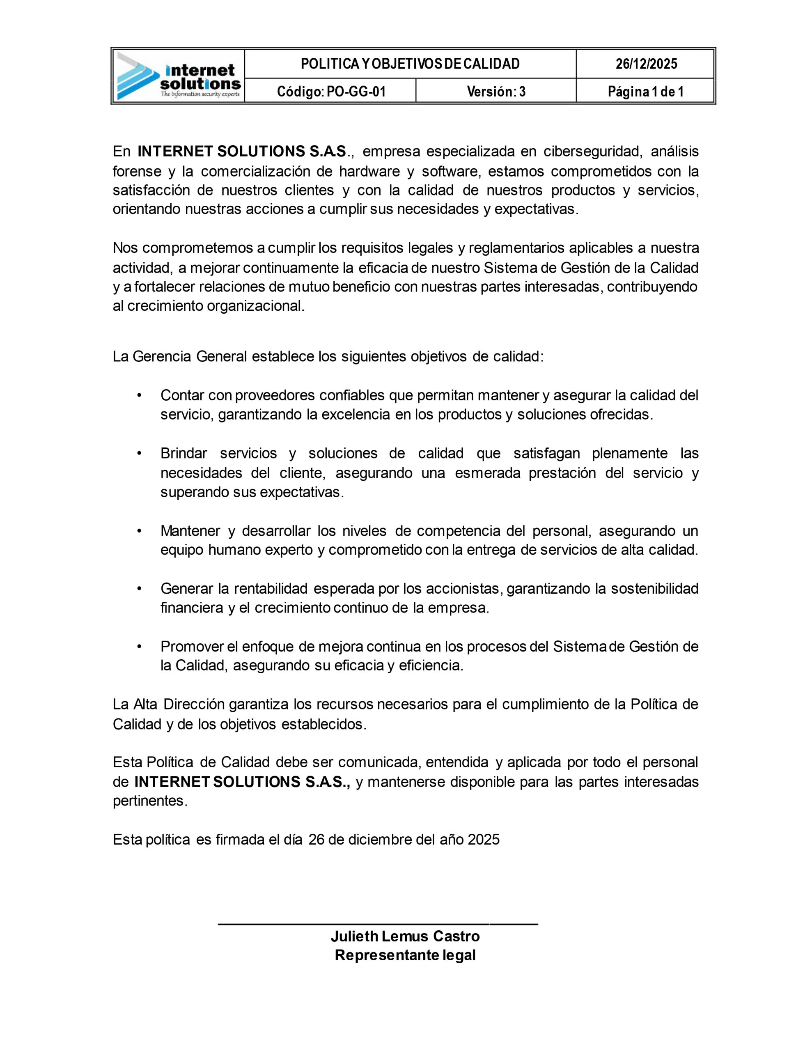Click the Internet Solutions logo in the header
178,76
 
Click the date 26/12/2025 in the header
646,64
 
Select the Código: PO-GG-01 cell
331,92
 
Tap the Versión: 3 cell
496,92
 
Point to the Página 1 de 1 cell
645,92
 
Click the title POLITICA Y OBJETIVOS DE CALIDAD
410,64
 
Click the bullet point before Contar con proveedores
140,396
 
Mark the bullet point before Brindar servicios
140,454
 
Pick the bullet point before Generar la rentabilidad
140,589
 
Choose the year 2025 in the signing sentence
484,840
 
